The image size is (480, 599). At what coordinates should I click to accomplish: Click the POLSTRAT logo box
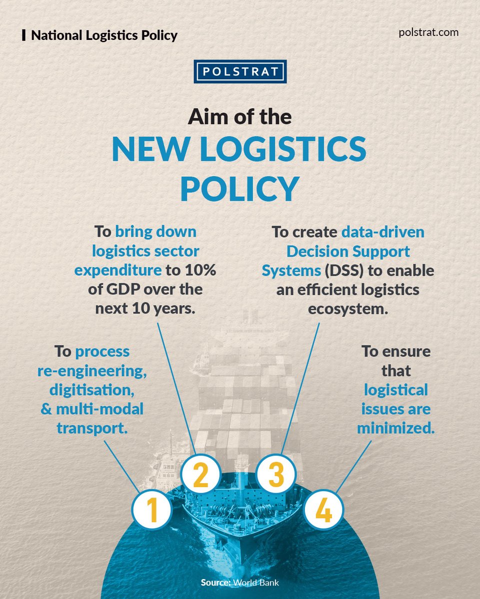239,71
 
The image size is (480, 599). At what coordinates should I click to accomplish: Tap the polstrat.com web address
429,33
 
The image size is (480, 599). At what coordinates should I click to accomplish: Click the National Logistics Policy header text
104,35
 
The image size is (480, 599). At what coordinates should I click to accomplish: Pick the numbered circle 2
200,476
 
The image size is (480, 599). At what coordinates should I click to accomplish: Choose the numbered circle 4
323,510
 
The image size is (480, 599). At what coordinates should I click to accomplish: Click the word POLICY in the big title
239,189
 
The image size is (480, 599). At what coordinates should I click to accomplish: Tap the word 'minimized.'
395,428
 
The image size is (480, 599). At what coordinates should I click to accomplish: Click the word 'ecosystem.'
348,308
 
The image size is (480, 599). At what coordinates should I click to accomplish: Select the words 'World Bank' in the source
255,583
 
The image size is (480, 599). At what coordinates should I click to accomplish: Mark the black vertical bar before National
24,35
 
